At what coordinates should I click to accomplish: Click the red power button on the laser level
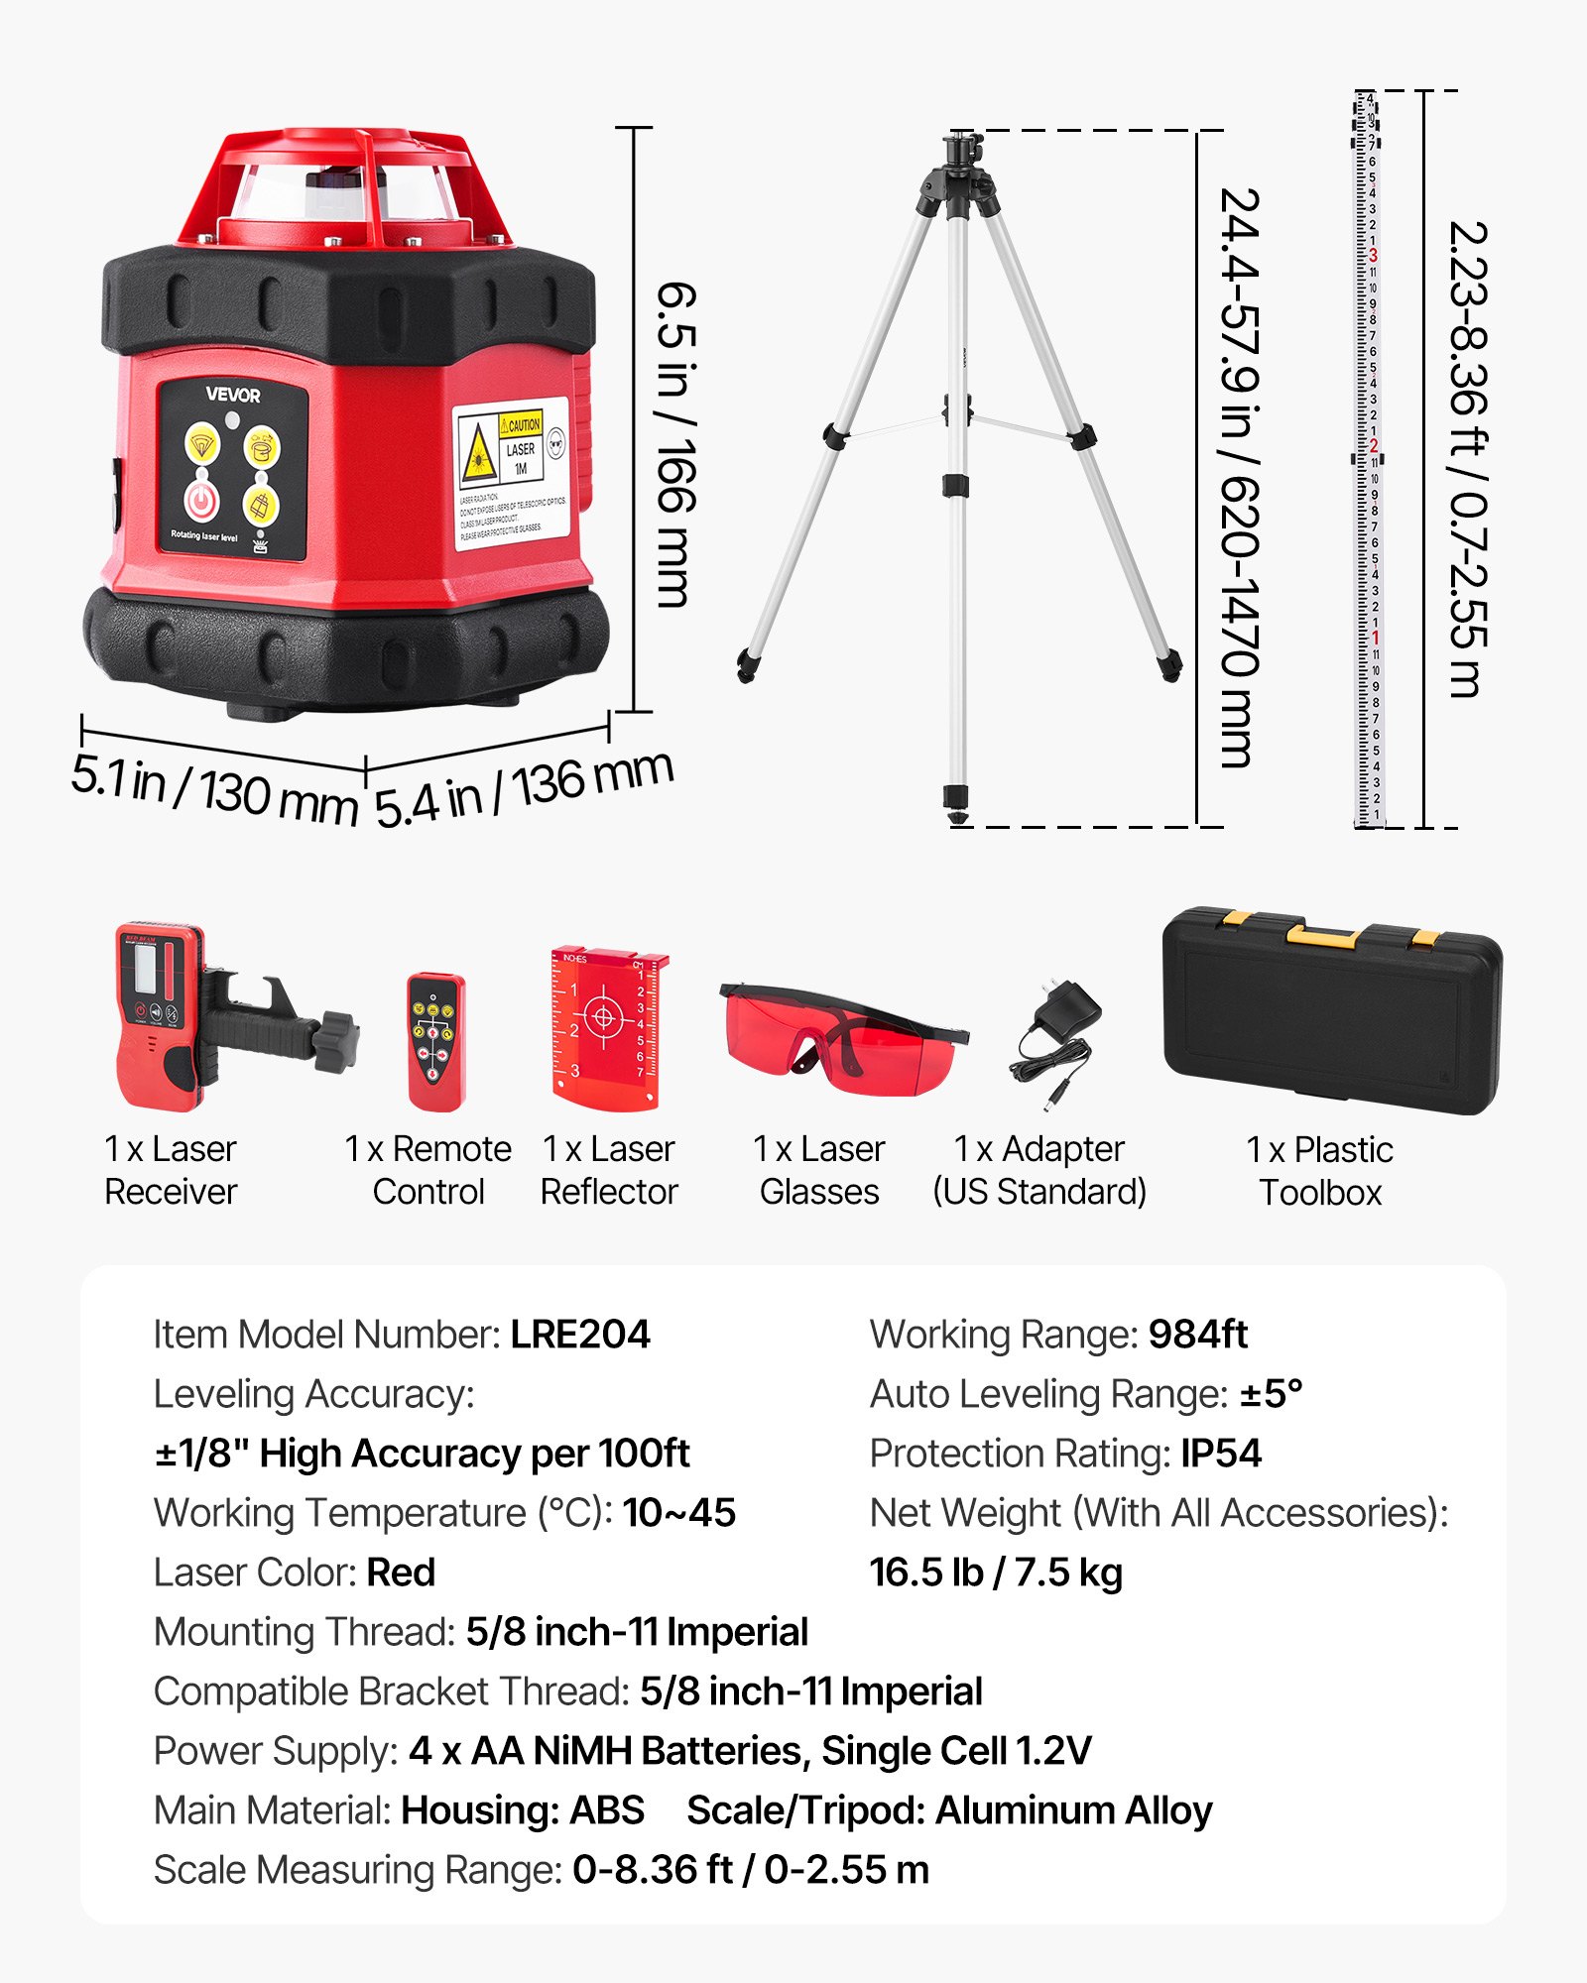pyautogui.click(x=201, y=501)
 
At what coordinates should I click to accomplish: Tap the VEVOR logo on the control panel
pyautogui.click(x=233, y=395)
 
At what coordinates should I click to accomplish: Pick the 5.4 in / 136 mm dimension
pyautogui.click(x=524, y=789)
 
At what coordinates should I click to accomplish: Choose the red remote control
pyautogui.click(x=435, y=1041)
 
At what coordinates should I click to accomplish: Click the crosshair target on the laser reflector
pyautogui.click(x=603, y=1016)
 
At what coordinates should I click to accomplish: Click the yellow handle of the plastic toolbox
pyautogui.click(x=1322, y=935)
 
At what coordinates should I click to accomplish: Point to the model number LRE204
pyautogui.click(x=580, y=1335)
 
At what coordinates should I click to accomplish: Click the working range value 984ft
pyautogui.click(x=1197, y=1335)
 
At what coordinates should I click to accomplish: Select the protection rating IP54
pyautogui.click(x=1220, y=1454)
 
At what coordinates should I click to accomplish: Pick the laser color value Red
pyautogui.click(x=401, y=1573)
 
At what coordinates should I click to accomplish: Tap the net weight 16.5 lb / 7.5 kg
pyautogui.click(x=996, y=1573)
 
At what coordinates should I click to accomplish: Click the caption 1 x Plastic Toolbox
pyautogui.click(x=1319, y=1171)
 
